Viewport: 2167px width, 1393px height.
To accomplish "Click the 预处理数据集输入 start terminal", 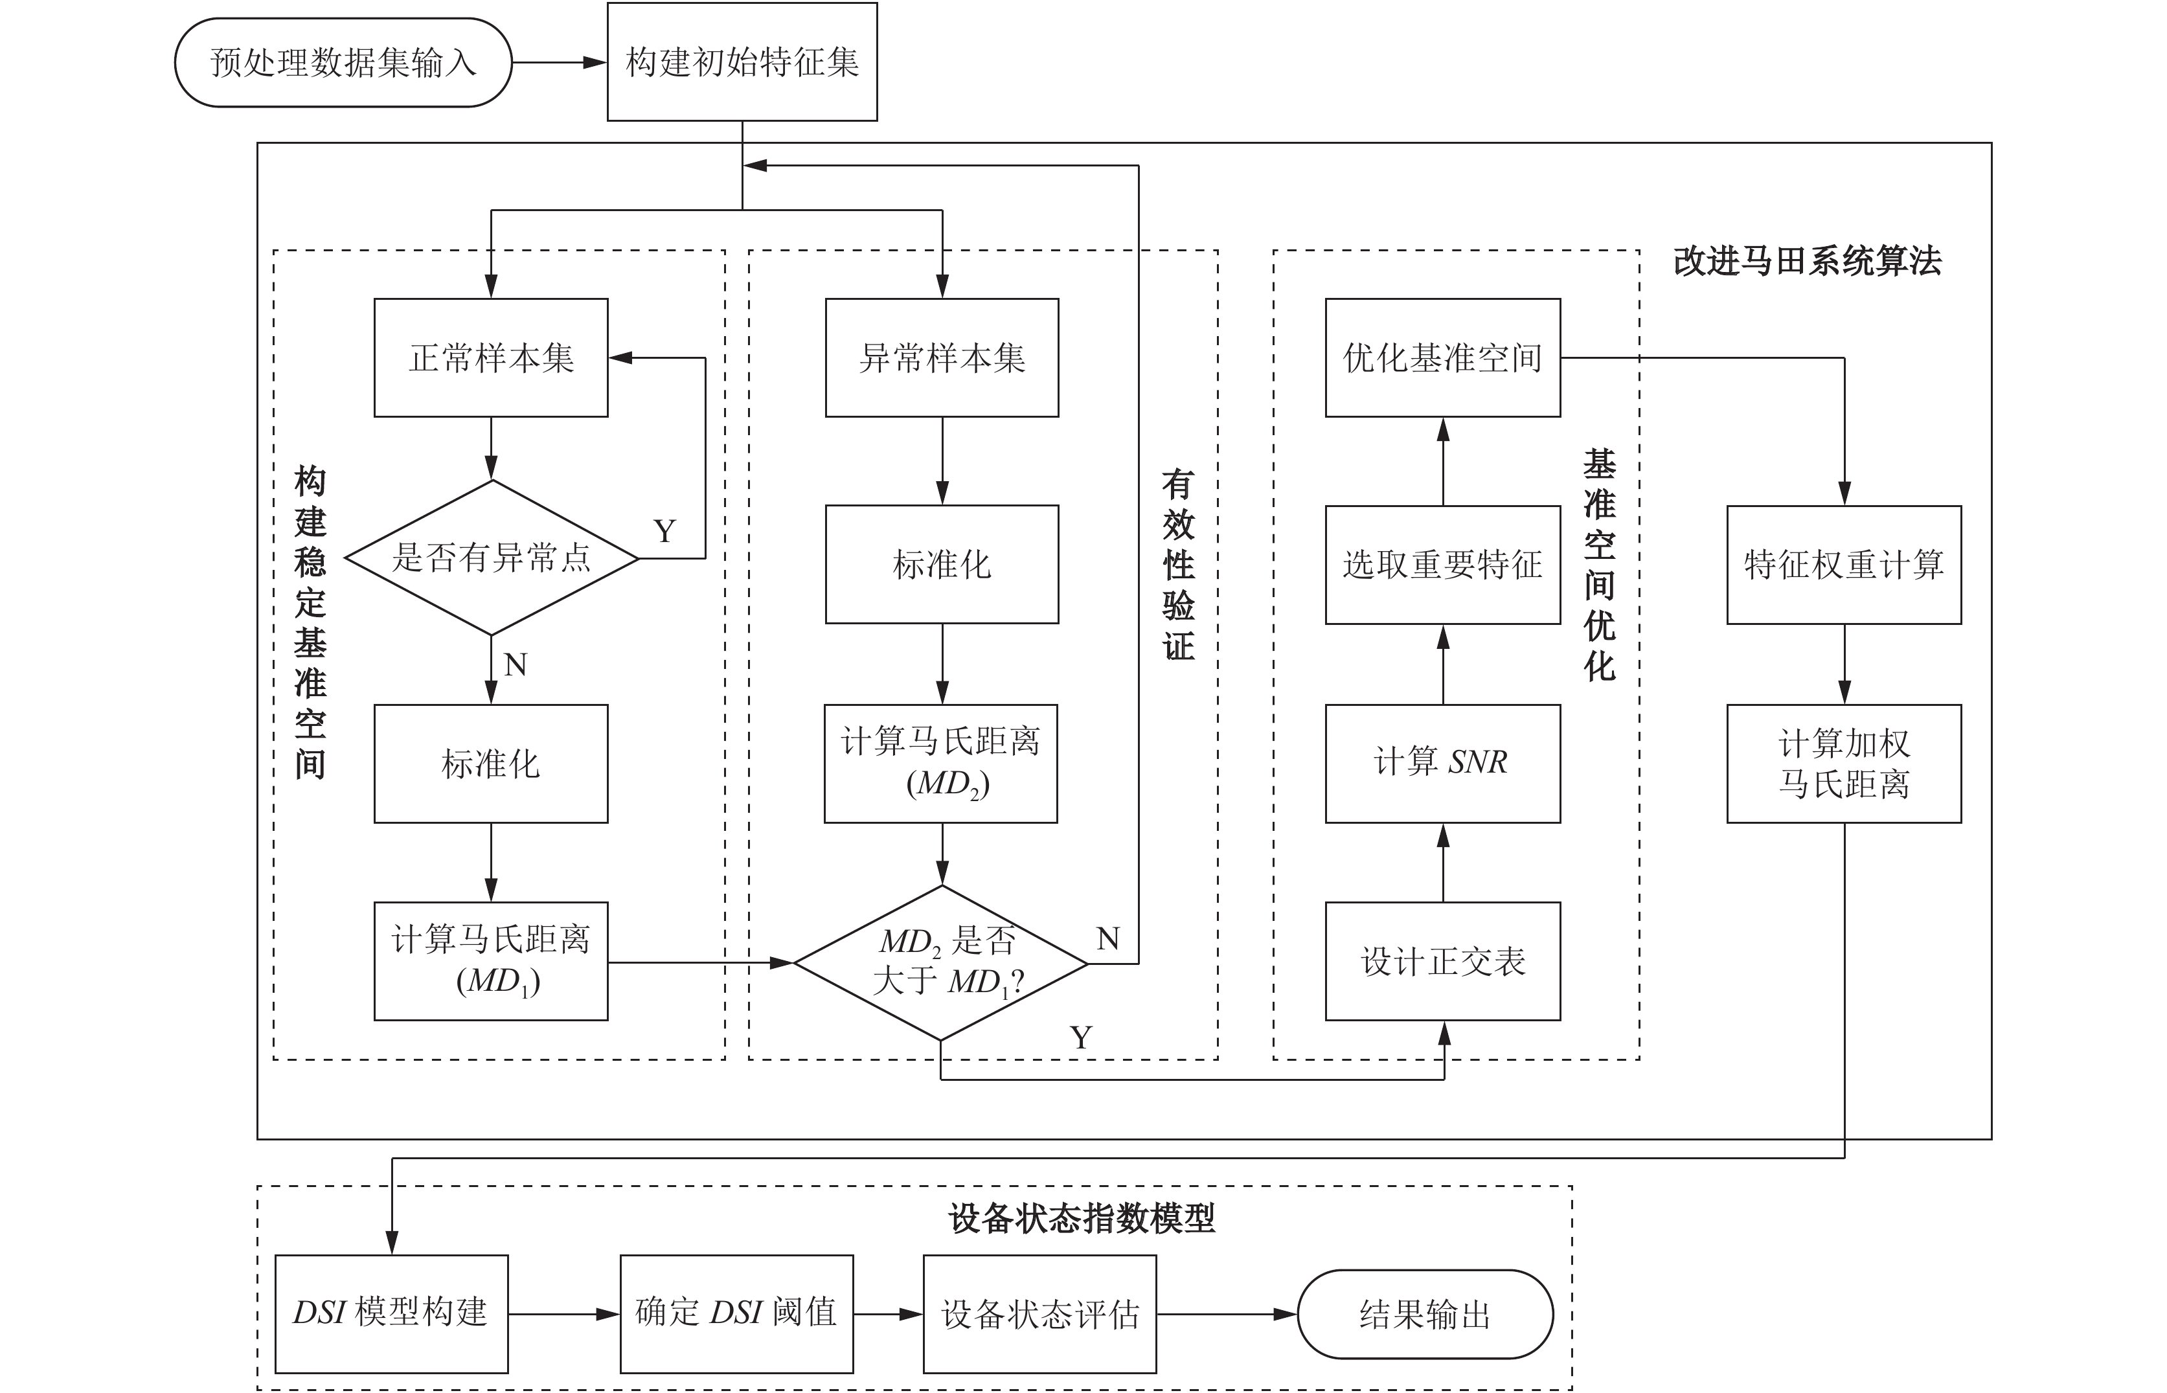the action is click(x=343, y=62).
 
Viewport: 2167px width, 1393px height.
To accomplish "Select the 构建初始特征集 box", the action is click(x=742, y=62).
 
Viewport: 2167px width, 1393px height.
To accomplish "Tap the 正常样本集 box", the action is click(x=491, y=357).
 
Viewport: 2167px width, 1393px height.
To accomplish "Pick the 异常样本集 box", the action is click(x=942, y=357).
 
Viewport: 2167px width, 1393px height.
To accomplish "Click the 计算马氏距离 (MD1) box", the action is click(x=491, y=960).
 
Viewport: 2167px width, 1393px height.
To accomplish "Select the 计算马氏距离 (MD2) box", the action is click(x=940, y=764).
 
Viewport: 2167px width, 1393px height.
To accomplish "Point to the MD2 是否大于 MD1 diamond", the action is click(x=940, y=962).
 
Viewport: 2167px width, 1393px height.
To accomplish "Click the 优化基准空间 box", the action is click(x=1442, y=357).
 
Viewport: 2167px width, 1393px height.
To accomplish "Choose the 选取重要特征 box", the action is click(x=1442, y=565).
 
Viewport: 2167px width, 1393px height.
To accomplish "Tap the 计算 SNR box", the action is click(x=1442, y=764).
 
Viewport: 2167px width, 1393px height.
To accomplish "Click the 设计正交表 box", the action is click(x=1442, y=960).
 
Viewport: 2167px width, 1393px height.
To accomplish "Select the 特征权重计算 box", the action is click(x=1844, y=565).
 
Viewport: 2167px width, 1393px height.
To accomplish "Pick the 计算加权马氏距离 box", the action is click(x=1844, y=764).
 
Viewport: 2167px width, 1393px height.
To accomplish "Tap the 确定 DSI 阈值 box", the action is click(x=736, y=1313).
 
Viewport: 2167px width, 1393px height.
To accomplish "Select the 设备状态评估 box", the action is click(x=1039, y=1313).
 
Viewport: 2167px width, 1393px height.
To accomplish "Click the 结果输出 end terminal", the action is click(x=1425, y=1313).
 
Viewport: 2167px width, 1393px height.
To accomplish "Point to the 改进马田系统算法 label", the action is click(x=1807, y=260).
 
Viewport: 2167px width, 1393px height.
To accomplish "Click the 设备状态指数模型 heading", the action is click(x=1082, y=1218).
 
